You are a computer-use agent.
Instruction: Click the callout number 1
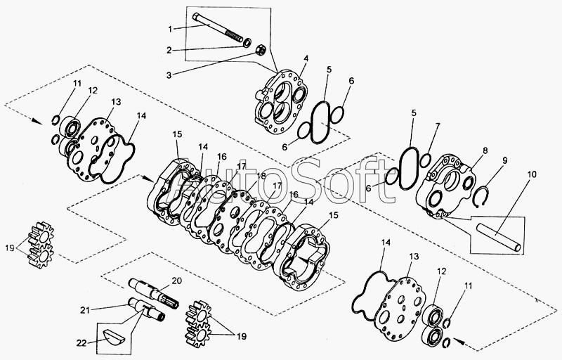click(x=170, y=29)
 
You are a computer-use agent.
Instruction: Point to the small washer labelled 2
click(x=247, y=43)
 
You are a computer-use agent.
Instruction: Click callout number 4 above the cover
click(x=306, y=58)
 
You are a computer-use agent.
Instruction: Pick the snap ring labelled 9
click(x=480, y=197)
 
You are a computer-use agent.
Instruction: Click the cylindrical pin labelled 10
click(x=498, y=237)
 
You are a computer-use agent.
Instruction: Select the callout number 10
click(x=532, y=174)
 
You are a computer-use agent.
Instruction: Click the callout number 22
click(x=81, y=343)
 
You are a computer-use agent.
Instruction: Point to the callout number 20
click(x=177, y=281)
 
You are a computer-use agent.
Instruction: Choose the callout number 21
click(x=84, y=310)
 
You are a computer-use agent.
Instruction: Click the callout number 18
click(x=261, y=176)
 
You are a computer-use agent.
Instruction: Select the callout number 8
click(x=485, y=150)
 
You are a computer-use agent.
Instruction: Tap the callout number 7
click(x=438, y=126)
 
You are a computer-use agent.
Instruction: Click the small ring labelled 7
click(x=425, y=160)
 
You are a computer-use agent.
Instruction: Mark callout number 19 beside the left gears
click(x=10, y=247)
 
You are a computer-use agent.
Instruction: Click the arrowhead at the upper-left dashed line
click(x=37, y=121)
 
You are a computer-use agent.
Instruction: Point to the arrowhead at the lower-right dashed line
click(x=458, y=340)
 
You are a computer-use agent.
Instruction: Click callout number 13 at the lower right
click(x=414, y=257)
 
